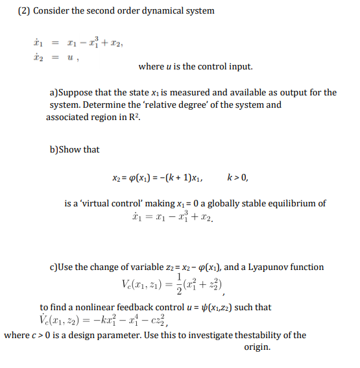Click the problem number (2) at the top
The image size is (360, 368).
pos(22,11)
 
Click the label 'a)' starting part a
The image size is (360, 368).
pos(54,93)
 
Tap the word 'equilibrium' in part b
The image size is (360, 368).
pos(289,203)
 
